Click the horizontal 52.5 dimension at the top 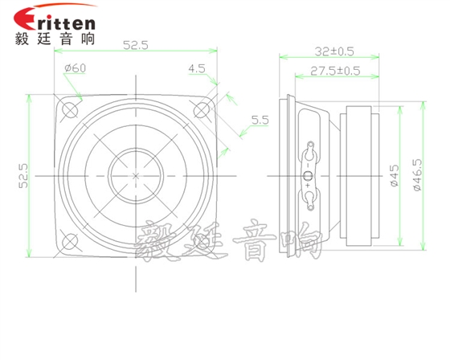point(136,47)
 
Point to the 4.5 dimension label point(197,70)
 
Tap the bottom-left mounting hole point(72,242)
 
